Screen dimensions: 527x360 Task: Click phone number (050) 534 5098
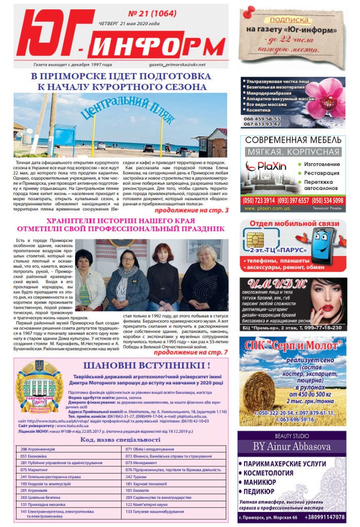point(328,200)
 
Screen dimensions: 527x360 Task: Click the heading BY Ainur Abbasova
point(292,446)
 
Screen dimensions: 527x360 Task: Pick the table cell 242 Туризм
point(136,477)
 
